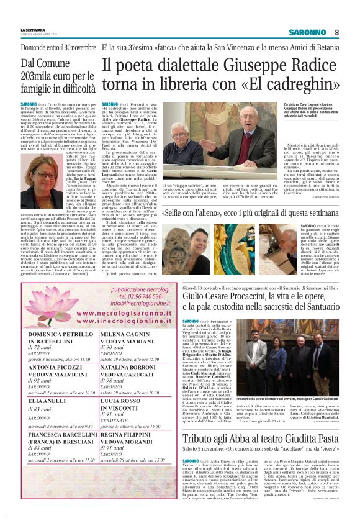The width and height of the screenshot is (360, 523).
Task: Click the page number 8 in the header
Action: pos(336,32)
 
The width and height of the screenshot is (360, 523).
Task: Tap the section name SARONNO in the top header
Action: pos(308,32)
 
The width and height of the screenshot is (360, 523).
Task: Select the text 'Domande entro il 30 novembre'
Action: pos(58,48)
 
